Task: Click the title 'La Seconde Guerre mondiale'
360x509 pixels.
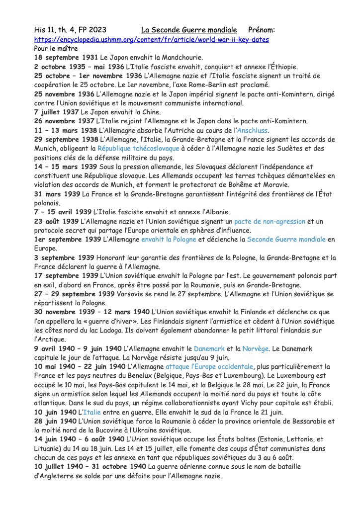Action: point(196,30)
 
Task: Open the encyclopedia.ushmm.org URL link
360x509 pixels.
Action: point(152,39)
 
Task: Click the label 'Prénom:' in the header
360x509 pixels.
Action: point(261,30)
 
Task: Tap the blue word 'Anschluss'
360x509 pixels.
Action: point(252,131)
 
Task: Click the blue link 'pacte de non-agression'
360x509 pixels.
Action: point(270,221)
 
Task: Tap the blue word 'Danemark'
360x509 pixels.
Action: point(210,349)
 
